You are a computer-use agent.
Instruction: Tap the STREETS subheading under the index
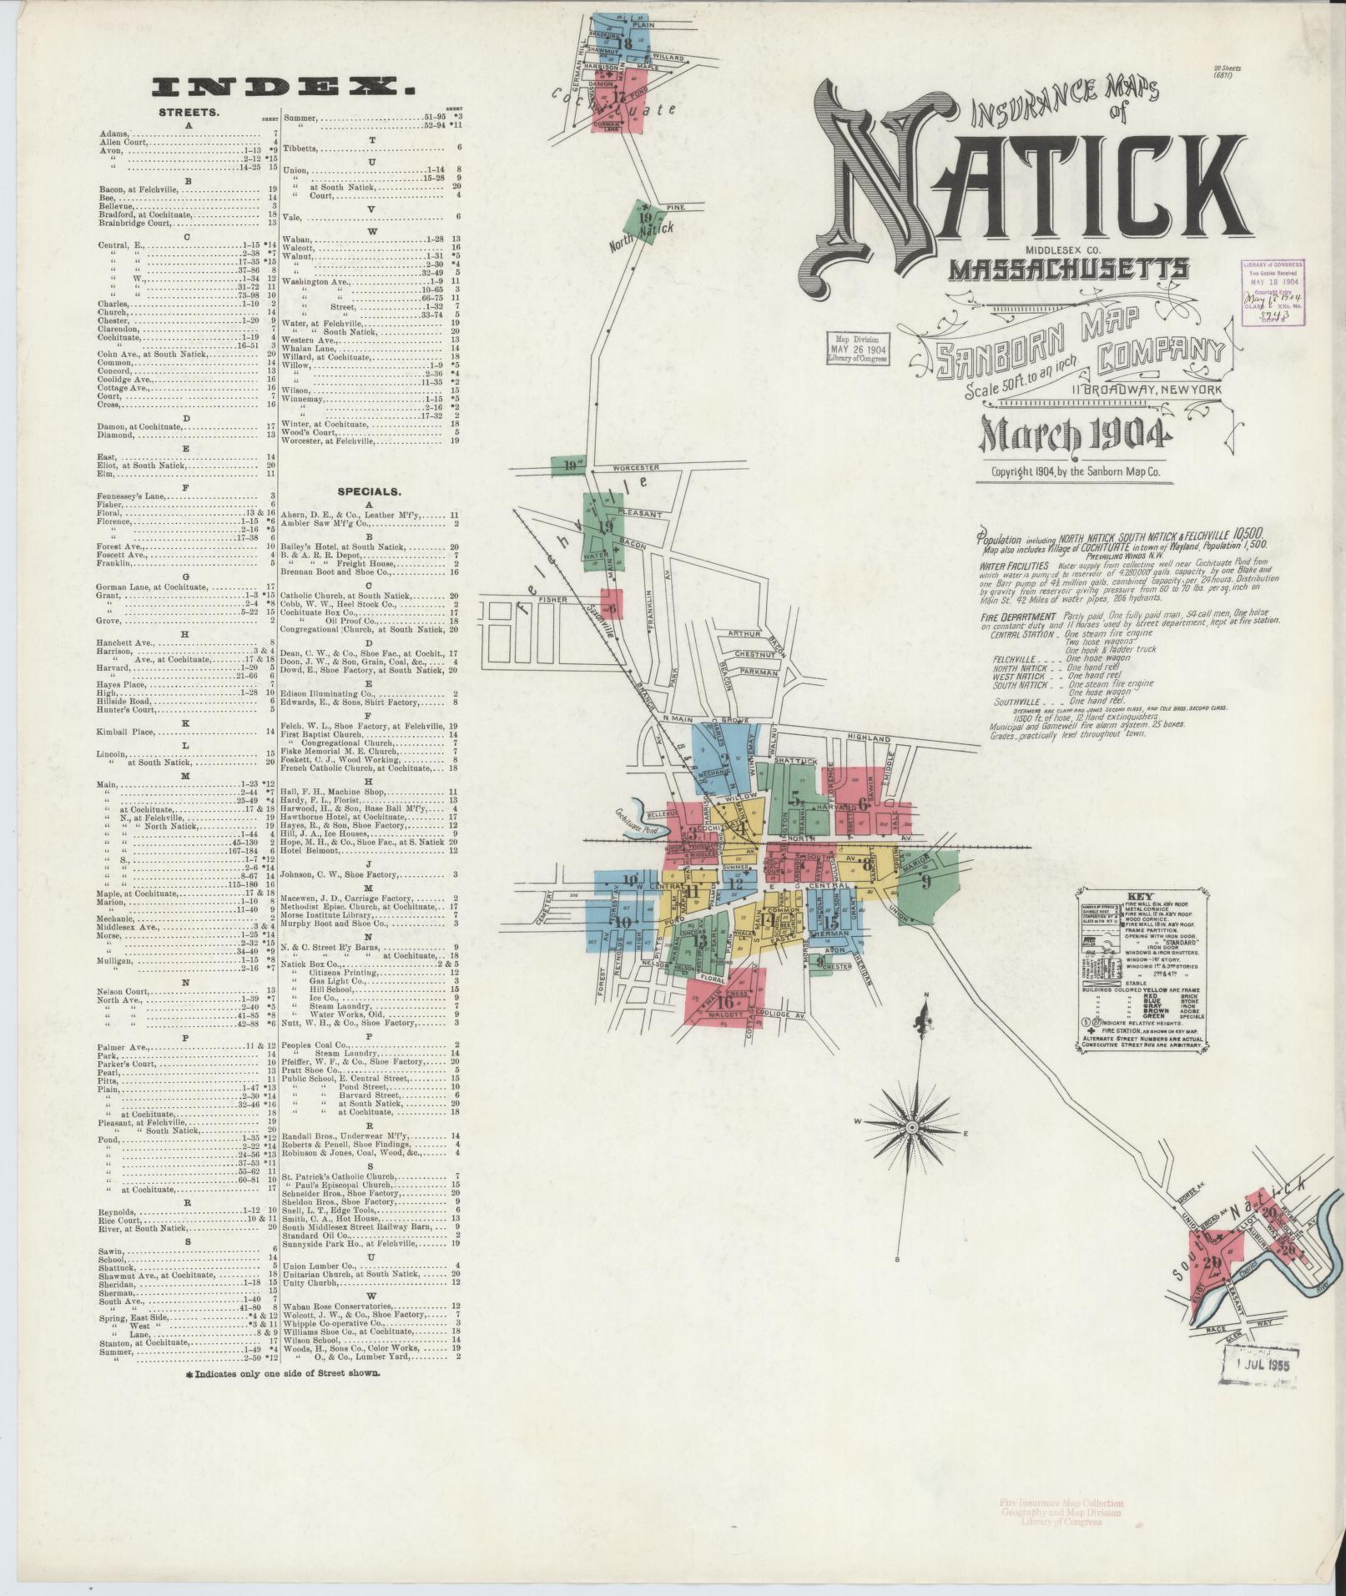[x=189, y=112]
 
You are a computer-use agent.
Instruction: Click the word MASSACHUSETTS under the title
[x=1070, y=269]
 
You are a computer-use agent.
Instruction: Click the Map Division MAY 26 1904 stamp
[x=855, y=349]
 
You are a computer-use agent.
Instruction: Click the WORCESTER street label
[x=636, y=468]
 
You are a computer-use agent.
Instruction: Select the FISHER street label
[x=552, y=599]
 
